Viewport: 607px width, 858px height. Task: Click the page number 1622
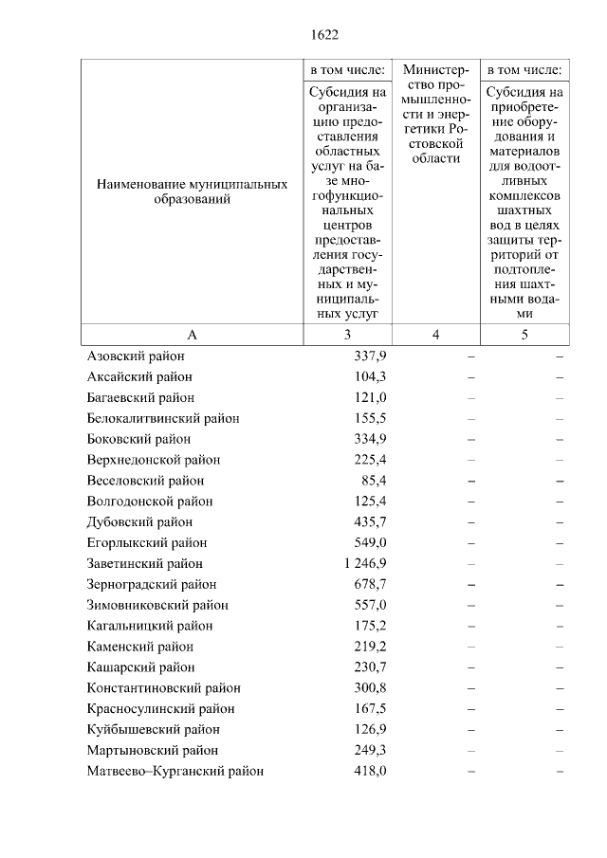coord(324,36)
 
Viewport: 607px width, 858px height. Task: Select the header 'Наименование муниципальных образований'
coord(192,192)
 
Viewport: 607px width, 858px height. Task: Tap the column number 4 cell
coord(435,334)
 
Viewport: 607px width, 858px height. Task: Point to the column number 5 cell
coord(524,334)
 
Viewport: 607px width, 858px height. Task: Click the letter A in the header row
coord(192,334)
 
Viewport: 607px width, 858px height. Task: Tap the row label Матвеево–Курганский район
coord(175,771)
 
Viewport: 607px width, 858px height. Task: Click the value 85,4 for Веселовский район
coord(371,481)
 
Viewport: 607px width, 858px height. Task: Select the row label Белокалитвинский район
coord(162,418)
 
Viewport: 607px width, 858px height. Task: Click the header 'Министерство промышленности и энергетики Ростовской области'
coord(435,114)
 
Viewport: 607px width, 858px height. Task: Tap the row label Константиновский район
coord(163,687)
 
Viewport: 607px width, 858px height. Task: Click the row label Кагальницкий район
coord(149,626)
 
